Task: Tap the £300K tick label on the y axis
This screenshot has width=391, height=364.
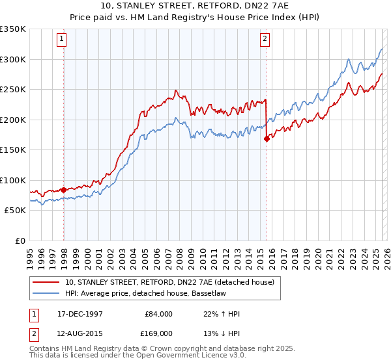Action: click(x=13, y=59)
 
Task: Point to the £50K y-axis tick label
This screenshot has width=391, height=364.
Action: click(x=15, y=211)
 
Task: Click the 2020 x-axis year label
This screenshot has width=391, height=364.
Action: click(x=317, y=253)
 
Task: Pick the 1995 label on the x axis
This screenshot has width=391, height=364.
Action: click(x=30, y=253)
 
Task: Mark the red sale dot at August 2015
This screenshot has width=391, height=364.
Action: click(x=267, y=138)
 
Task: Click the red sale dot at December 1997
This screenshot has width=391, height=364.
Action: click(x=64, y=190)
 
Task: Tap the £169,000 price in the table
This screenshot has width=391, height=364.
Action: click(x=159, y=334)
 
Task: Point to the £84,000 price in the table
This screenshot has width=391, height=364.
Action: click(x=159, y=314)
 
